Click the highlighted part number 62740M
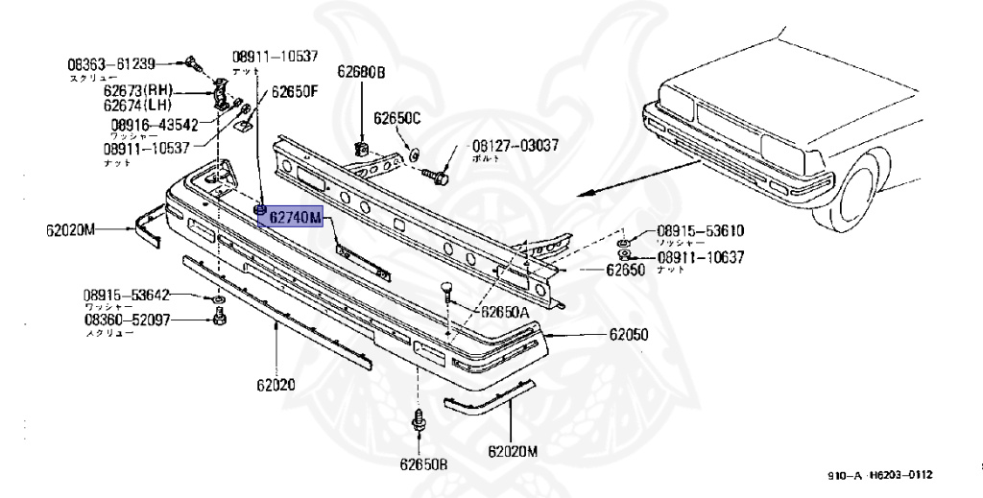(x=295, y=219)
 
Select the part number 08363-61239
(x=110, y=64)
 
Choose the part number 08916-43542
(x=154, y=125)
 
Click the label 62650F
(x=293, y=92)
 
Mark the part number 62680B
(x=361, y=72)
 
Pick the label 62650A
(x=505, y=312)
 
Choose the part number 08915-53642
(x=126, y=295)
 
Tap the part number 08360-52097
(x=126, y=320)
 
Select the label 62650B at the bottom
(x=424, y=465)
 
